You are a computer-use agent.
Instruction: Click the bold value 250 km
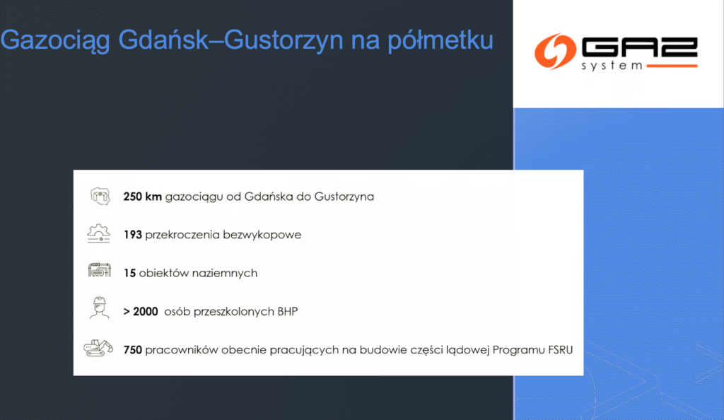coord(142,197)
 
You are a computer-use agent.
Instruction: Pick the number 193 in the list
coord(132,235)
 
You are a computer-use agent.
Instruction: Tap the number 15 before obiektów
coord(129,273)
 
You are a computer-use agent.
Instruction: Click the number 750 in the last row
coord(132,349)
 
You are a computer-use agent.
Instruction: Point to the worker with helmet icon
coord(99,309)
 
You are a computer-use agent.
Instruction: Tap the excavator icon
coord(98,347)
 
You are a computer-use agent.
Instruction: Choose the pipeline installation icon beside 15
coord(99,272)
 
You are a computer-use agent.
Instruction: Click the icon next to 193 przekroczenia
coord(99,233)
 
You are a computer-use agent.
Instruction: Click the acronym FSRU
coord(559,349)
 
